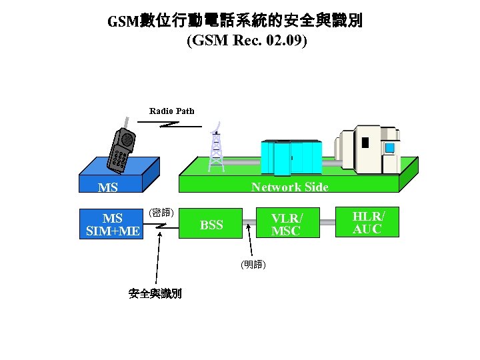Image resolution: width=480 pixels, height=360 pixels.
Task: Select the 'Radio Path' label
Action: (x=171, y=111)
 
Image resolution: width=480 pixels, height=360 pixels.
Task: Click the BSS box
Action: (x=211, y=225)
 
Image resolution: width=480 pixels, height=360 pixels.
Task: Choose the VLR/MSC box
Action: (x=286, y=224)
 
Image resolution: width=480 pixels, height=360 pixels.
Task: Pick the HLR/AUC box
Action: (x=368, y=222)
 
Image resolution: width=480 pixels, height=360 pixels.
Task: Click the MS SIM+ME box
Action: (x=113, y=225)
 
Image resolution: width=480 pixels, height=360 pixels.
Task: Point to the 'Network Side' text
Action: (x=289, y=187)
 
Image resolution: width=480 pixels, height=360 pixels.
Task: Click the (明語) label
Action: (x=253, y=265)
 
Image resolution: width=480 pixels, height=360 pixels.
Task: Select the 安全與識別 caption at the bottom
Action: (x=155, y=293)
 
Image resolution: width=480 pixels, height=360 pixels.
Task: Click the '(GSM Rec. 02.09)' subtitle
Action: (x=247, y=41)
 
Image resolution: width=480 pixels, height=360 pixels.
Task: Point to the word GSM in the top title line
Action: (x=122, y=22)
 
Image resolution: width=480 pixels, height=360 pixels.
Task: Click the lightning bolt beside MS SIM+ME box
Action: (x=161, y=227)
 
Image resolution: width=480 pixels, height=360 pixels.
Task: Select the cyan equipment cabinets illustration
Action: (x=292, y=157)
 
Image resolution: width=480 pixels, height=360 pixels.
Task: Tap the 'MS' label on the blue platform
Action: (x=107, y=188)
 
